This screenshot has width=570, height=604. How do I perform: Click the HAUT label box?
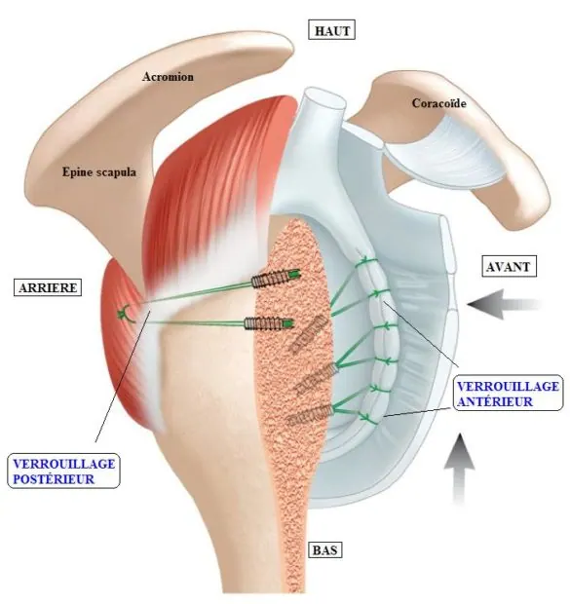point(331,30)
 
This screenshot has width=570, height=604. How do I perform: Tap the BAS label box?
point(324,549)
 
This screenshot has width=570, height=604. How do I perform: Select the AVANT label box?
point(509,267)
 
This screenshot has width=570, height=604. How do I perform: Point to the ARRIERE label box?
point(48,287)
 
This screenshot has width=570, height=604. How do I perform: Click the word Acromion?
point(168,77)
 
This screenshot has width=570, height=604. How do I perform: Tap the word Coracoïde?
point(438,103)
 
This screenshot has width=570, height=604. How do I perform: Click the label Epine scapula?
point(99,171)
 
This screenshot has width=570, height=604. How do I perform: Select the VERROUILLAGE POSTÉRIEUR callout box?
point(63,471)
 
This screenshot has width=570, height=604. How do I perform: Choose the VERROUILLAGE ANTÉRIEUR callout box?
point(508,393)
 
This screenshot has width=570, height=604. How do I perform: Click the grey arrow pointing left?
point(504,304)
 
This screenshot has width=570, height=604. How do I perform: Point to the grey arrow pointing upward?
point(459,468)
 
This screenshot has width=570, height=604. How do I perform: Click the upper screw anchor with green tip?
point(275,278)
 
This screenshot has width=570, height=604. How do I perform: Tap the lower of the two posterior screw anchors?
point(269,322)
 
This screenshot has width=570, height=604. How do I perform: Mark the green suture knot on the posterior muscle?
point(127,313)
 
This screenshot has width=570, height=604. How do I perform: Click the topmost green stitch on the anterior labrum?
point(366,261)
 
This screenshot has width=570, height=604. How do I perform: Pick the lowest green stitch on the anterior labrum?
point(368,418)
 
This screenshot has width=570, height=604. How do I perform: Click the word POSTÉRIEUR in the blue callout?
point(54,479)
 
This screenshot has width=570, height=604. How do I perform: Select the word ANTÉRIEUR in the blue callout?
point(495,401)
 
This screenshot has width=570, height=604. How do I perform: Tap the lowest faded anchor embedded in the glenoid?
point(310,415)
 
